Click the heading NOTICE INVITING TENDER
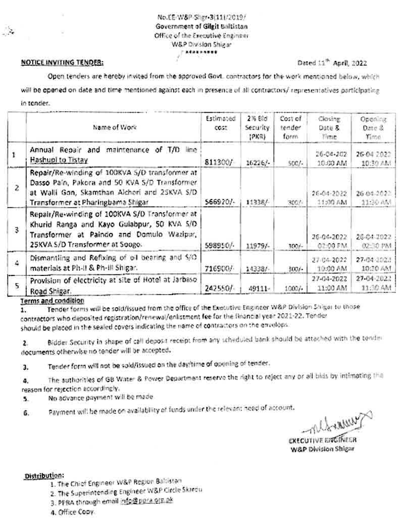(x=62, y=63)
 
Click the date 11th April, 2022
(x=332, y=63)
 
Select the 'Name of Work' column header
(x=115, y=127)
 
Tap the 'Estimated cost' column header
(x=220, y=123)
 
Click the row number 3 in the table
(x=17, y=229)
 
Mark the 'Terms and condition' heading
(x=52, y=301)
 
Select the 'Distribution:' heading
(x=44, y=476)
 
